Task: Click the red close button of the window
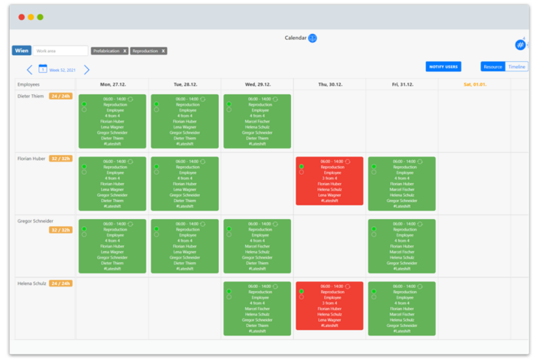[21, 17]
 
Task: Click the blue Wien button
[21, 51]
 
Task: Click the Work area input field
[60, 51]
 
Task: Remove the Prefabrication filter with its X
[125, 51]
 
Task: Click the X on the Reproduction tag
[162, 51]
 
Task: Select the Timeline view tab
[517, 67]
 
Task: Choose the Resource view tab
[493, 67]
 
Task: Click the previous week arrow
[30, 70]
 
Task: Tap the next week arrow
[87, 70]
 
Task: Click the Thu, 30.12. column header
[329, 84]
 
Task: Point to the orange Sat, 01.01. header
[474, 84]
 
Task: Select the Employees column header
[28, 84]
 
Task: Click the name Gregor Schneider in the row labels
[36, 221]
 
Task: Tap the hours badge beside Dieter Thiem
[61, 97]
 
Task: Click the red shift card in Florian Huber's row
[329, 181]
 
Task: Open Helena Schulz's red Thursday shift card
[329, 306]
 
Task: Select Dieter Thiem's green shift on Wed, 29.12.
[257, 121]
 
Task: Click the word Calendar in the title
[296, 38]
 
